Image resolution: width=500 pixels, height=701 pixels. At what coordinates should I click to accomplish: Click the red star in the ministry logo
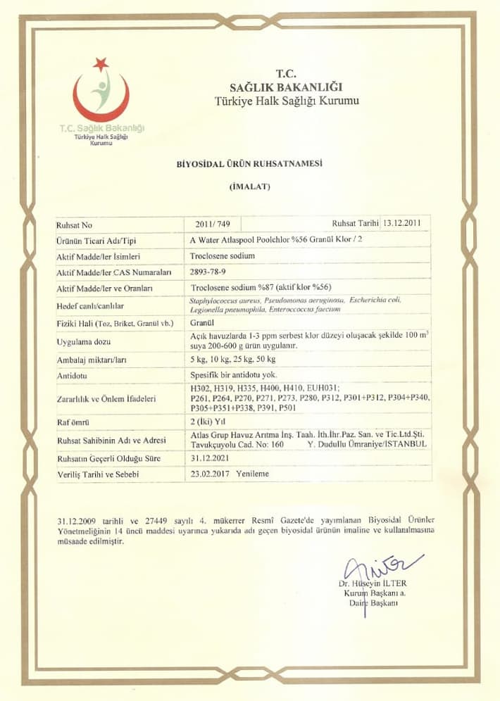[x=101, y=64]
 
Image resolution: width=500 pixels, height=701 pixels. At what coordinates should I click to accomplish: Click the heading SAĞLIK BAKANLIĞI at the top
[x=287, y=87]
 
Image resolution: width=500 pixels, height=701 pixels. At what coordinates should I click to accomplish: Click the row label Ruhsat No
[x=75, y=226]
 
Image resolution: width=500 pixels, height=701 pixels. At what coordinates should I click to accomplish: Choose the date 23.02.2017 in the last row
[x=209, y=474]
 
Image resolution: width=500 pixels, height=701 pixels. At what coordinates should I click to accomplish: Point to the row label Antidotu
[x=74, y=377]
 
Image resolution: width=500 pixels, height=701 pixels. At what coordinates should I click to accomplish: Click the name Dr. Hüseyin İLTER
[x=372, y=583]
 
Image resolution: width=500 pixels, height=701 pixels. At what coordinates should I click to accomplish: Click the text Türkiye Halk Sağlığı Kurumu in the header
[x=287, y=101]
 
